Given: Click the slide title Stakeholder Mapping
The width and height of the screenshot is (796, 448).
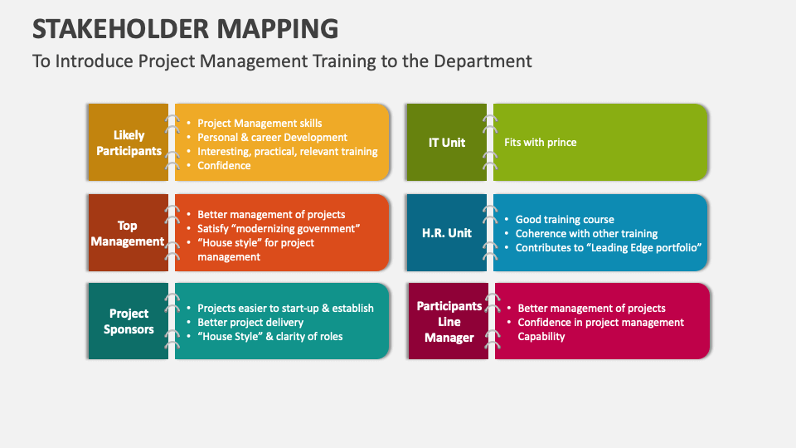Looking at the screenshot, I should click(185, 28).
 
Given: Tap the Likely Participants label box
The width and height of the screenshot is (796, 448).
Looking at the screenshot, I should click(129, 143).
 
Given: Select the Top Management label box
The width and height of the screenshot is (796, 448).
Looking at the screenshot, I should click(128, 233).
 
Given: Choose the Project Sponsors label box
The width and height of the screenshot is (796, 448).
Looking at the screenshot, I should click(129, 321).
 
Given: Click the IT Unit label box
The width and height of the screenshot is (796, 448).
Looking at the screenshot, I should click(447, 142).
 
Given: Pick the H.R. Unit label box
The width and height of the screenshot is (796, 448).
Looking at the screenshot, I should click(448, 233).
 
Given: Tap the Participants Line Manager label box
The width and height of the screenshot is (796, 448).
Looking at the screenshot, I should click(449, 321).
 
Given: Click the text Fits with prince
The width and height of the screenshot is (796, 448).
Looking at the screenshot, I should click(540, 142).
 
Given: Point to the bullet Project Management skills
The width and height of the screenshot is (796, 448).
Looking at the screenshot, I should click(260, 124).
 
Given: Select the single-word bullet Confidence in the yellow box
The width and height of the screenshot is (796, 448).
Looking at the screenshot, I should click(224, 165).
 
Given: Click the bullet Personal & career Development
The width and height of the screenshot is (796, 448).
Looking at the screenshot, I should click(272, 138).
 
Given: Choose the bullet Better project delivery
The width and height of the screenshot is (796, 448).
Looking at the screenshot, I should click(250, 322).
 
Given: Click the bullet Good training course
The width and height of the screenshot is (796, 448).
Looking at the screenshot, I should click(565, 220).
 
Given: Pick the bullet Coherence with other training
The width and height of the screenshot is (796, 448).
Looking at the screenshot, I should click(586, 234).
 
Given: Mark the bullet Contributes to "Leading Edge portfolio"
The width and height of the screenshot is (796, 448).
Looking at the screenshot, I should click(609, 247).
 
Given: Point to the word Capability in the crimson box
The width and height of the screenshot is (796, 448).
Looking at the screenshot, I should click(541, 336).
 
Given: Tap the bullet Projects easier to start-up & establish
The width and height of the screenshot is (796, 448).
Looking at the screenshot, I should click(285, 308).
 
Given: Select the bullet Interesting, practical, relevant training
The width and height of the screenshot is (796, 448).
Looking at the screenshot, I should click(287, 151).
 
